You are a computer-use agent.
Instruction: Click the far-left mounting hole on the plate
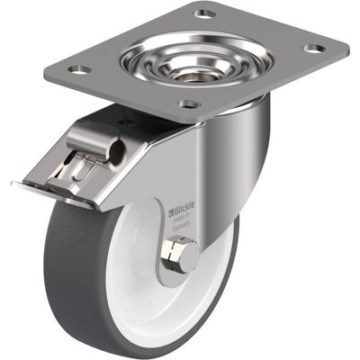pyautogui.click(x=79, y=68)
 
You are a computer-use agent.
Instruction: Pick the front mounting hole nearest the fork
pyautogui.click(x=189, y=103)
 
